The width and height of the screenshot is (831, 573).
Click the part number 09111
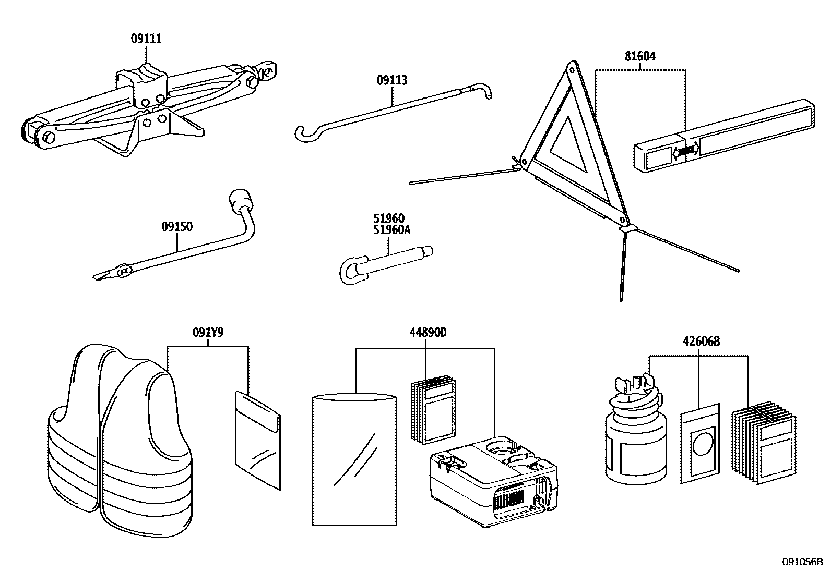(x=146, y=39)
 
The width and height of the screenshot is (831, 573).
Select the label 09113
(x=392, y=80)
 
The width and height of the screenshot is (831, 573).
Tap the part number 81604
(x=640, y=56)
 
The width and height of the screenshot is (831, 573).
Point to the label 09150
(x=177, y=227)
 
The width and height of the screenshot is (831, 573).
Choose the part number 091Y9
(x=208, y=332)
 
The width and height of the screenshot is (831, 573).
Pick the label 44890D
(x=426, y=333)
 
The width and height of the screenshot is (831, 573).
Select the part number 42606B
(x=701, y=342)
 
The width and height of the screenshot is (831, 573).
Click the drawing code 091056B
(x=802, y=562)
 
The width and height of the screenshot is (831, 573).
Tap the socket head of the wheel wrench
(x=240, y=200)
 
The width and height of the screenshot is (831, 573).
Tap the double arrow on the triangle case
(x=686, y=151)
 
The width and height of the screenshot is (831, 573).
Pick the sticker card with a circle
(x=701, y=443)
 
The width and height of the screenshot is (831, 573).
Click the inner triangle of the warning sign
(x=572, y=143)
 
